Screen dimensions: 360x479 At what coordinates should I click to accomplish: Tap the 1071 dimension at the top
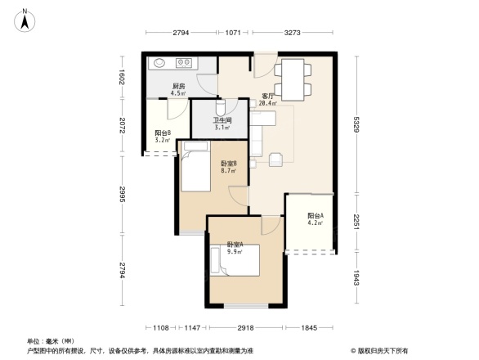233,33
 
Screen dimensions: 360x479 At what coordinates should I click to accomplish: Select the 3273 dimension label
293,33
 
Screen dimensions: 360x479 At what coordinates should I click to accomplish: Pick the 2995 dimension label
121,194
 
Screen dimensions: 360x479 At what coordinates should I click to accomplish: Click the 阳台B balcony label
162,134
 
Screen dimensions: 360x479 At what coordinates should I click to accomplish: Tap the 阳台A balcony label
316,216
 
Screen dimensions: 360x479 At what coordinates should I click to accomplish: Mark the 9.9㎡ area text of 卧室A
234,252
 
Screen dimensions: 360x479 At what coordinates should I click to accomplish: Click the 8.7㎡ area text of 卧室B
228,173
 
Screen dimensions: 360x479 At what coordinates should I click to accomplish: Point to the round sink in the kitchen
158,62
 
